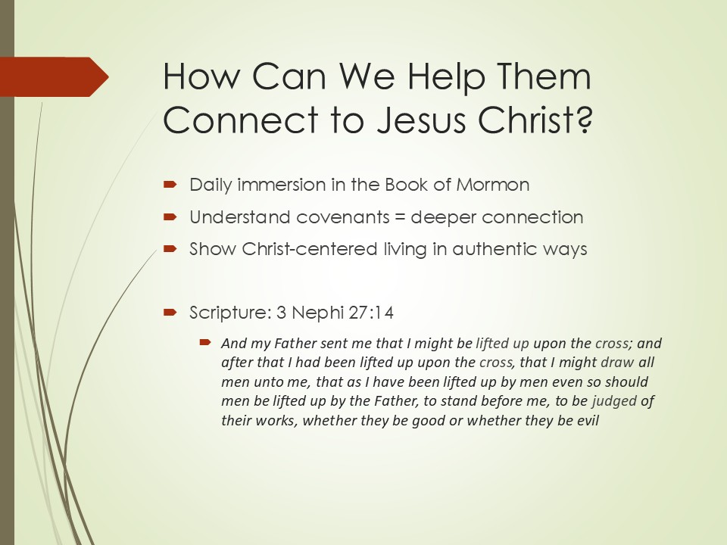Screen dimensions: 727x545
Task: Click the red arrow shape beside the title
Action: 55,77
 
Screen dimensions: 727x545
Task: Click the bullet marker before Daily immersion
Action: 170,185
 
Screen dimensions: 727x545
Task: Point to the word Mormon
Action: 492,185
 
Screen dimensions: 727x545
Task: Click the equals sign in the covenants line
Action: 400,217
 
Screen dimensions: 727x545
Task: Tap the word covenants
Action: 342,217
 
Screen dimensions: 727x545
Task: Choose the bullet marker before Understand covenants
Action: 170,217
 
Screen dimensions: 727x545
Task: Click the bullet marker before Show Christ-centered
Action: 170,249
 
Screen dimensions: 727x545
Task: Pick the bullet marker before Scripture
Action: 170,313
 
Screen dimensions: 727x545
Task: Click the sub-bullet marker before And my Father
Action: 205,342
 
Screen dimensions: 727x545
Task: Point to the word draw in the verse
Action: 616,362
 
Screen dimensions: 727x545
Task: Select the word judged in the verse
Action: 614,401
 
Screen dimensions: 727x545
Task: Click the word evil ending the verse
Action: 588,420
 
